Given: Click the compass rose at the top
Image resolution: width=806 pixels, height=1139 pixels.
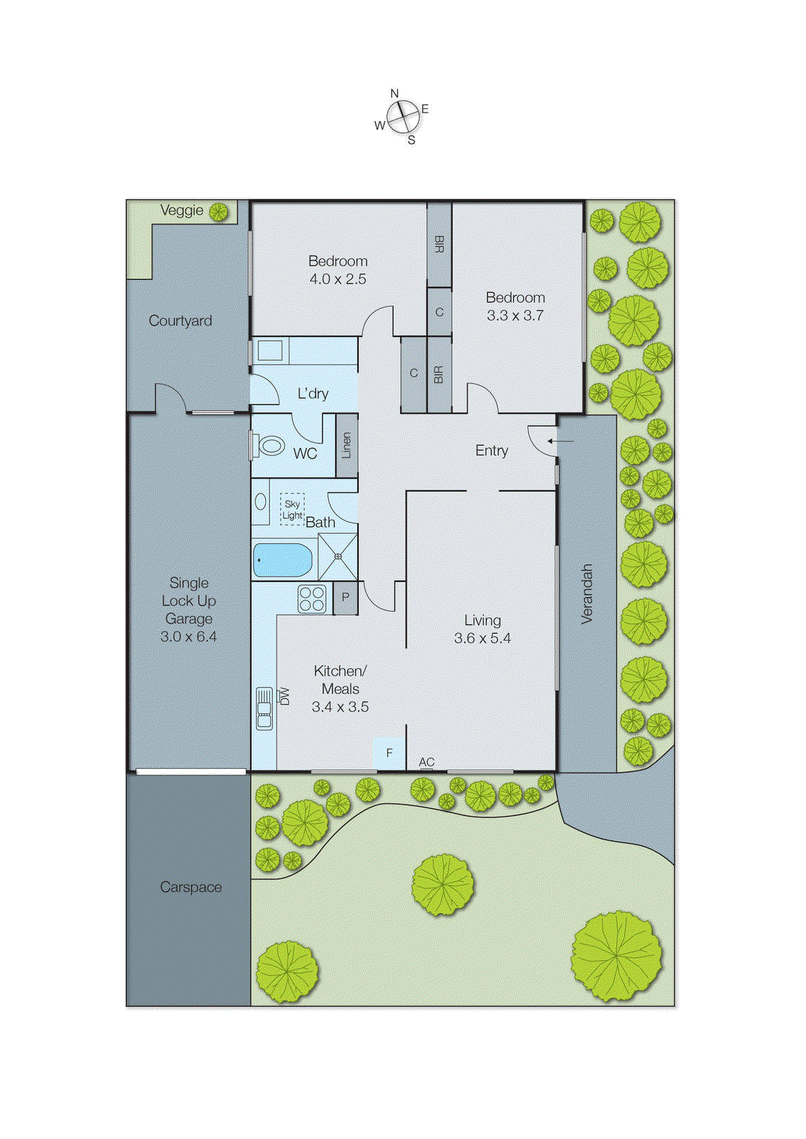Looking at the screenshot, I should point(403,117).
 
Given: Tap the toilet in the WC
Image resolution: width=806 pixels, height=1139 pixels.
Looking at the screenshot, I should point(270,446).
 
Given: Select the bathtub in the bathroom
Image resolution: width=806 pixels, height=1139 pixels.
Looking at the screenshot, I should point(283,560).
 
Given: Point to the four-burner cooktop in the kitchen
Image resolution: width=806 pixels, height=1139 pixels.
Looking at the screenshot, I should point(312,599).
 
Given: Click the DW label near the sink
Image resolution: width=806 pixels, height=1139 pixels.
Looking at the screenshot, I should point(285,696).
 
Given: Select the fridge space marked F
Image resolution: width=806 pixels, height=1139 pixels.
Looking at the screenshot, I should point(389,753).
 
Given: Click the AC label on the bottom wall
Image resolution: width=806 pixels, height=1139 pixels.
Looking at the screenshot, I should point(426,762).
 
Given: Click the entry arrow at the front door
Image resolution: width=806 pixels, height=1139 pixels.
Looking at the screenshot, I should point(561,441).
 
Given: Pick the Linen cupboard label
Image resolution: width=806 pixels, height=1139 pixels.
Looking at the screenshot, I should point(346,446).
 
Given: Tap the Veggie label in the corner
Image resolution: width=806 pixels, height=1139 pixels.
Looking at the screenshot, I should point(181,211).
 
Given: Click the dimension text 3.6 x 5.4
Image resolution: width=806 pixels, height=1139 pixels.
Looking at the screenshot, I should point(482,639).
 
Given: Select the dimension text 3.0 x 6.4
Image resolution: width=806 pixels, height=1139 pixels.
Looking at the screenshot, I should point(189,637).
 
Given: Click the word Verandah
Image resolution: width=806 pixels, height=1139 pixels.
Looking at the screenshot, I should point(587,594).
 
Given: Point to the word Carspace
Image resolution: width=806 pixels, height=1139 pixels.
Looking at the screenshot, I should point(191,888).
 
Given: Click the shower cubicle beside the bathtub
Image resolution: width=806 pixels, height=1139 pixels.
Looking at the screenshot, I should point(338,556).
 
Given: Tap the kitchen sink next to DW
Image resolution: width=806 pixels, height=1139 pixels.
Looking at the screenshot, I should point(264,708).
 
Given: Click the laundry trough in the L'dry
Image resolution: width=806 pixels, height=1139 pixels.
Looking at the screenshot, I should point(270,351).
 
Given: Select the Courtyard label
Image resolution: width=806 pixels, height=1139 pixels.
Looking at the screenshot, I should point(180,321).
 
